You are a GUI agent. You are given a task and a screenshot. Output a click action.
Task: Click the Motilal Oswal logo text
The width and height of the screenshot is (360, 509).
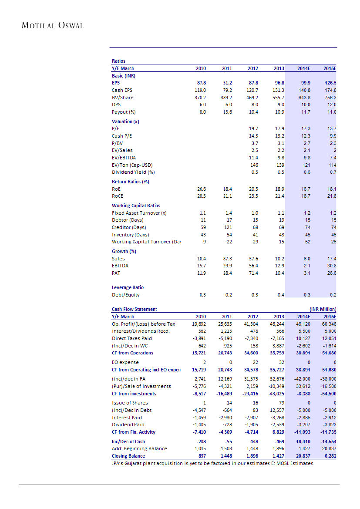[52, 25]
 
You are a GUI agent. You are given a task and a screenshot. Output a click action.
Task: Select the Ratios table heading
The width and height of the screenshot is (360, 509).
[118, 61]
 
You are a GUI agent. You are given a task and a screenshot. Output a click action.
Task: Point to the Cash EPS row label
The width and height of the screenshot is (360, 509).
[122, 90]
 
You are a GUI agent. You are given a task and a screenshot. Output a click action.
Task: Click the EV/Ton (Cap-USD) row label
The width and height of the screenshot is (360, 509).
[132, 165]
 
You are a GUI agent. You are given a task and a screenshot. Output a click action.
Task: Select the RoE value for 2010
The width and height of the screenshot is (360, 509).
[201, 189]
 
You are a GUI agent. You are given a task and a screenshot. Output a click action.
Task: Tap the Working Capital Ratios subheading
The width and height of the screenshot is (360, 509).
[136, 206]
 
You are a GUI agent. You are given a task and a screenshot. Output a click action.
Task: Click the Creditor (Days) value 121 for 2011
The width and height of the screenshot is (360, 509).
[227, 227]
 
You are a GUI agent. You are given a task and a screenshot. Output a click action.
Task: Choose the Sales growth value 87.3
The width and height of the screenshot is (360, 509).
[227, 259]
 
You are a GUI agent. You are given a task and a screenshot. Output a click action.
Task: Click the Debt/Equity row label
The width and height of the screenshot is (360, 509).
[125, 295]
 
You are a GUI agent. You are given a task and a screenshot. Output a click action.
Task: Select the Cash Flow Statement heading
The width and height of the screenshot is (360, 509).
[134, 309]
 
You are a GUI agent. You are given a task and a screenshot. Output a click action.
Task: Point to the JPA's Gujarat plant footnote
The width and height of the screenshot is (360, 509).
[212, 463]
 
